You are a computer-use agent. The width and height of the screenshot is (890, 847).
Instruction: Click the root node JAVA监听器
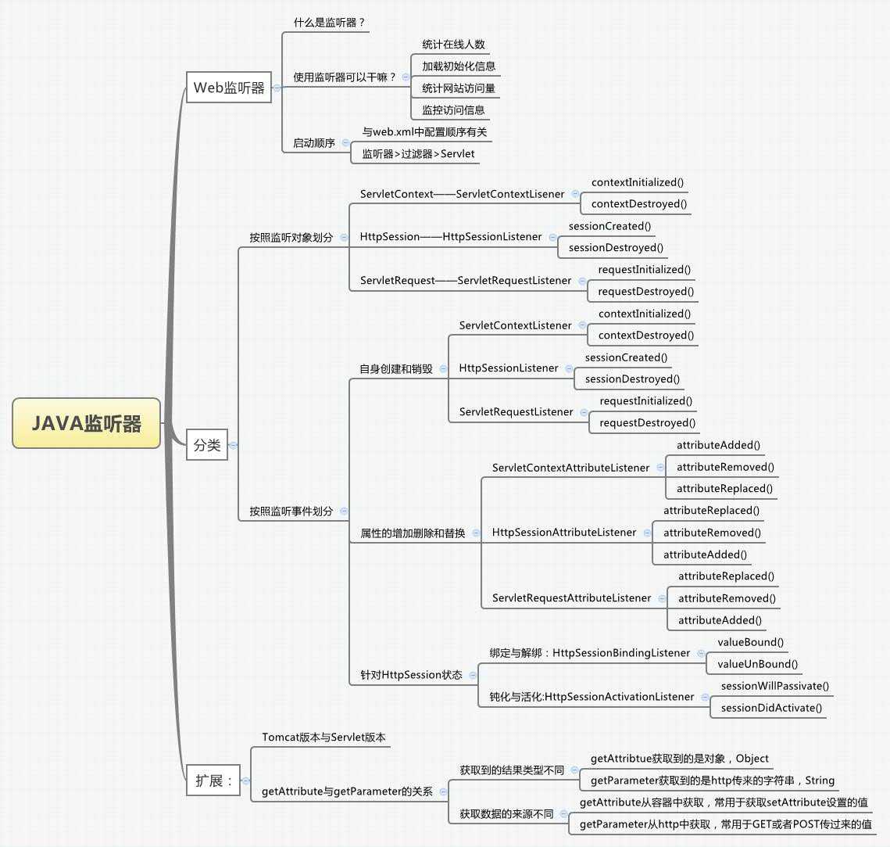(86, 423)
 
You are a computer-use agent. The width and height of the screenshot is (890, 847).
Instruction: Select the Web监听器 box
(229, 88)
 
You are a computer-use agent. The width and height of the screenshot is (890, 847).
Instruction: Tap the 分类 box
(207, 445)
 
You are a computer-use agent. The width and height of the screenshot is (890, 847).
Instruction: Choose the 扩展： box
(213, 781)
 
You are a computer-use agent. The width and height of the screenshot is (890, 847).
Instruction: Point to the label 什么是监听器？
(329, 23)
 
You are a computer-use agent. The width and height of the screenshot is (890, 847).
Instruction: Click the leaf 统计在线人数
(453, 45)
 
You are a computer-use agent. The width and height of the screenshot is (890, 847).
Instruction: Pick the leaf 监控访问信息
(453, 110)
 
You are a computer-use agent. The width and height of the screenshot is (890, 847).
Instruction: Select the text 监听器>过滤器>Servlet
(418, 154)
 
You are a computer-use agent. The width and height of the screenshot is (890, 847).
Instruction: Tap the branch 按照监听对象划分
(291, 238)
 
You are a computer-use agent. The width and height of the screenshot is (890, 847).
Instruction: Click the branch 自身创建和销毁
(396, 369)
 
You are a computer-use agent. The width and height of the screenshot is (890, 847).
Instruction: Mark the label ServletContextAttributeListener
(570, 468)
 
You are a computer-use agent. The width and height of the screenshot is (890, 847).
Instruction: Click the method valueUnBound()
(757, 664)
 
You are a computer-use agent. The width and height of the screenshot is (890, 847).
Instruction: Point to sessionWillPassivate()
(775, 686)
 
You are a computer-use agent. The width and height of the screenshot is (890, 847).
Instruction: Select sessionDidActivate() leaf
(771, 708)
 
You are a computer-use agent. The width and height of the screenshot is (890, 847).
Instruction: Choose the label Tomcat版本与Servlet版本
(323, 738)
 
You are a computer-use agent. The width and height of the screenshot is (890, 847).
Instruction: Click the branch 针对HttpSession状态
(412, 675)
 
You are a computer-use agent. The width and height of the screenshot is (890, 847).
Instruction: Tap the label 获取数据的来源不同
(506, 814)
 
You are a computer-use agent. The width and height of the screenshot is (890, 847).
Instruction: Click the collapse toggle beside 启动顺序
(345, 142)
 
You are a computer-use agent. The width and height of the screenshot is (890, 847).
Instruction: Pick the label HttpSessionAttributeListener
(564, 533)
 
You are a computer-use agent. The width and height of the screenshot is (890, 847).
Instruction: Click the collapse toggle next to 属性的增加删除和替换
(476, 533)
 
